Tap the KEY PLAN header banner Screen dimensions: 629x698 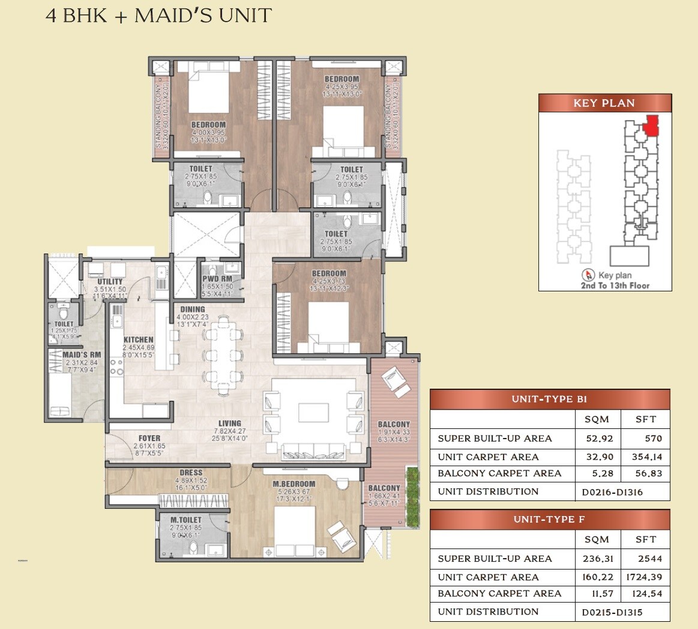[x=604, y=103]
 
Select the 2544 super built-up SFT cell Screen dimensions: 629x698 [x=646, y=559]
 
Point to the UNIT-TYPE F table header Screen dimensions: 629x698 [x=549, y=520]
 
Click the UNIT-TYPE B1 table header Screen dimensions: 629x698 [x=549, y=400]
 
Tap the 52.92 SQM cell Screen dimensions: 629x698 [x=596, y=439]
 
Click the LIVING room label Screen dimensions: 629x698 [x=230, y=424]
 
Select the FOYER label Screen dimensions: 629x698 [x=149, y=439]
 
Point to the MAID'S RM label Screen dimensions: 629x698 [x=82, y=355]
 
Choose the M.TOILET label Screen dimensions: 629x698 [x=186, y=520]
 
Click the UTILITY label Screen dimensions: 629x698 [x=110, y=282]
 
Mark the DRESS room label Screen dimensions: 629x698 [x=191, y=473]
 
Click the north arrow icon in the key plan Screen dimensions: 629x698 [x=589, y=276]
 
